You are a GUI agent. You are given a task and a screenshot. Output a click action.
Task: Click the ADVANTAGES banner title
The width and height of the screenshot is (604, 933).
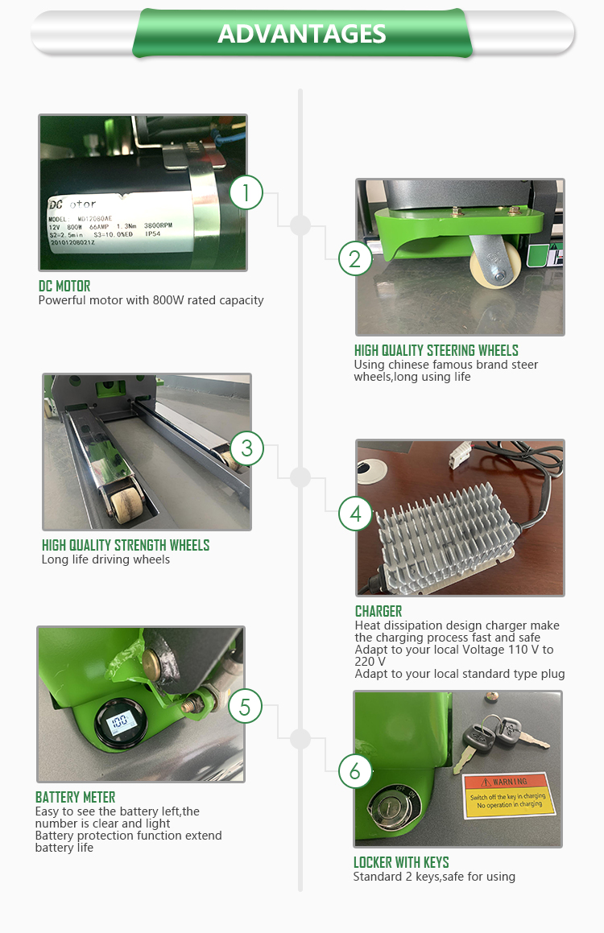click(302, 34)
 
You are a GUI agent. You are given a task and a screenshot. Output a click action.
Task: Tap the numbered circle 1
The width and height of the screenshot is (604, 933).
click(246, 193)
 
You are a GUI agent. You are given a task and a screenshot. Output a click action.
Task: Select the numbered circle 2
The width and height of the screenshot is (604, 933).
click(355, 259)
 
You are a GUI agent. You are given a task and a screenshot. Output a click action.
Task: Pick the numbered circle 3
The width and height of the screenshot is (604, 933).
click(247, 448)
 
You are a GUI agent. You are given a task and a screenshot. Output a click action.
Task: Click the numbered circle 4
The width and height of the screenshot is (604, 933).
click(355, 513)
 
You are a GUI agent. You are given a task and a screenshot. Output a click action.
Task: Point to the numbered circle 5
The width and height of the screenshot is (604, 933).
click(246, 708)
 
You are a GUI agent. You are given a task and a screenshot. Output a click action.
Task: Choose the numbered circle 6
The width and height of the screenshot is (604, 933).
click(355, 772)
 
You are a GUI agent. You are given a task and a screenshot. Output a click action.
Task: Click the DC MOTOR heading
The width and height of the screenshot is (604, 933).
click(64, 286)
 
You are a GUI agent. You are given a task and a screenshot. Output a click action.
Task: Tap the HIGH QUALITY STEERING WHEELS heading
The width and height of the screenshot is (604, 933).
click(436, 350)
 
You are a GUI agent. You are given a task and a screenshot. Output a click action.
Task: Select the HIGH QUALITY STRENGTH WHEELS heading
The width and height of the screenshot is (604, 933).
click(125, 545)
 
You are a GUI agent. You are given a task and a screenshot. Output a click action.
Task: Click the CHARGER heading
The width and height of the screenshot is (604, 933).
click(378, 611)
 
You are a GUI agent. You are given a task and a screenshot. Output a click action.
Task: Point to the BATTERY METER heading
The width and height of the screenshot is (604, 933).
click(75, 797)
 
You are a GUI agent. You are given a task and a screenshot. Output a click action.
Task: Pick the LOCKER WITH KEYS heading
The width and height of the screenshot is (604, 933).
click(401, 862)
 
